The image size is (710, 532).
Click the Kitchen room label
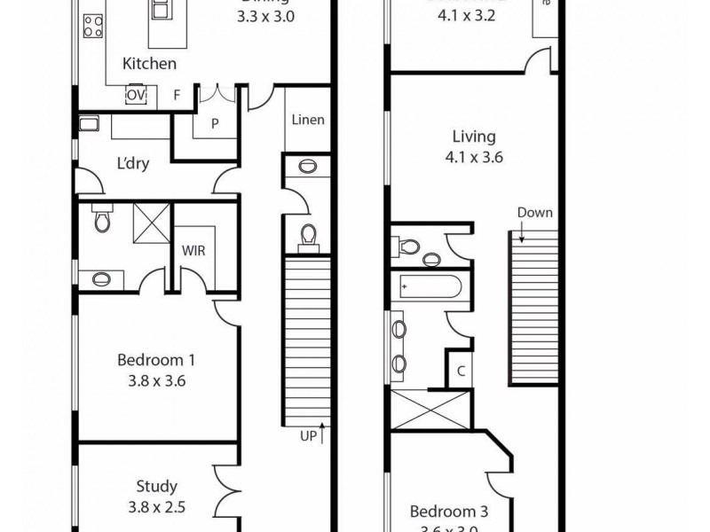[149, 64]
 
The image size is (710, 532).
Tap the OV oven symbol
[136, 95]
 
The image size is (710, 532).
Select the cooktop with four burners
[91, 27]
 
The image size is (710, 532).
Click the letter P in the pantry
[215, 124]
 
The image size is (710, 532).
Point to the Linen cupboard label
[307, 121]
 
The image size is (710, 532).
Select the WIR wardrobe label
[193, 251]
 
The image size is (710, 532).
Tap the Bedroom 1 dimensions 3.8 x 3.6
[156, 382]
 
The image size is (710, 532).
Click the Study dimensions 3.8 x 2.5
[156, 508]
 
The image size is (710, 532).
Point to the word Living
[474, 137]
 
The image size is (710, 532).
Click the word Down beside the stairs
[535, 213]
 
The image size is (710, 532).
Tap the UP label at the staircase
[308, 435]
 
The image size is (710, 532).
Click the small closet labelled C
[461, 372]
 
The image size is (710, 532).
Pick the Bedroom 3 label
[447, 512]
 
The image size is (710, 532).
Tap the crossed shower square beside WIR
[151, 222]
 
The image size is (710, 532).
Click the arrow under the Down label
[524, 233]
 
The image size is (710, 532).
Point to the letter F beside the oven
[177, 95]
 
